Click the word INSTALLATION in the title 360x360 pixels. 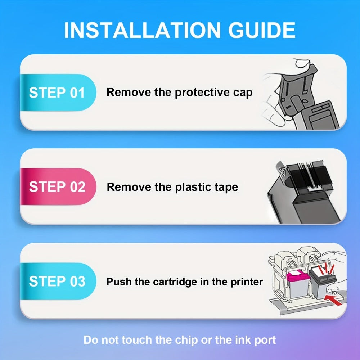142,30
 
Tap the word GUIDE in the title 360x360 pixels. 262,30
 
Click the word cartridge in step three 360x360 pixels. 175,282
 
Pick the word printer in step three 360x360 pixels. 247,282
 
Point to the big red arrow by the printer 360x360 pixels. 333,300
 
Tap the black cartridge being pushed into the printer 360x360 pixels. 322,282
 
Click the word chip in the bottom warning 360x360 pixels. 187,340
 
